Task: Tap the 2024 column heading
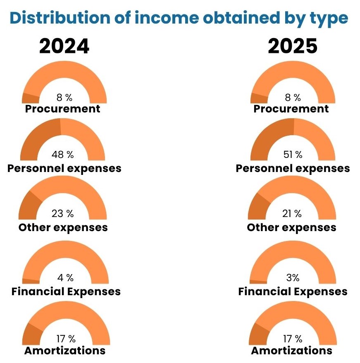[x=64, y=47]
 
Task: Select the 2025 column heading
[x=292, y=47]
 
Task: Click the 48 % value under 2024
[x=63, y=155]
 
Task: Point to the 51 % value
[x=293, y=155]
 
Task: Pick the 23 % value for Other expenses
[x=63, y=214]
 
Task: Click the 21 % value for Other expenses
[x=293, y=214]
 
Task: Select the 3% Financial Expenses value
[x=293, y=277]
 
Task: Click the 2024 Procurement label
[x=63, y=109]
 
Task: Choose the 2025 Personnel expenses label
[x=293, y=168]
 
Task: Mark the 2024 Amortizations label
[x=65, y=351]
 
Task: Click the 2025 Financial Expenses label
[x=293, y=291]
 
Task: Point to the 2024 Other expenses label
[x=63, y=227]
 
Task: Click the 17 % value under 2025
[x=293, y=339]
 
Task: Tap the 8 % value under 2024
[x=64, y=98]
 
